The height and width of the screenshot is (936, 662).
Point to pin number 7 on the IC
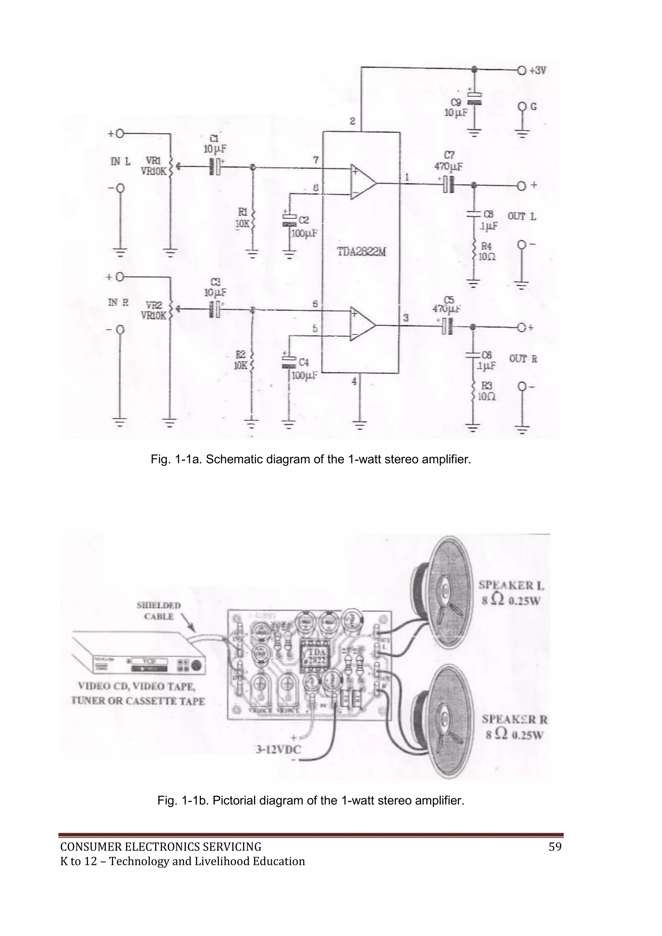(x=316, y=160)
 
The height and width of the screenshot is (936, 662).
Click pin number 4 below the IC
(x=354, y=381)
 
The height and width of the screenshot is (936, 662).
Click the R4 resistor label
(x=486, y=246)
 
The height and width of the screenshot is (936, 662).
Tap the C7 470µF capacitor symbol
(x=448, y=184)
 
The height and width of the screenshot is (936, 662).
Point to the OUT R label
(x=523, y=359)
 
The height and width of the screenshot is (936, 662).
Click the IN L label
(x=121, y=161)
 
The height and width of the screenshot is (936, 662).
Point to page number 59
(x=555, y=847)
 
